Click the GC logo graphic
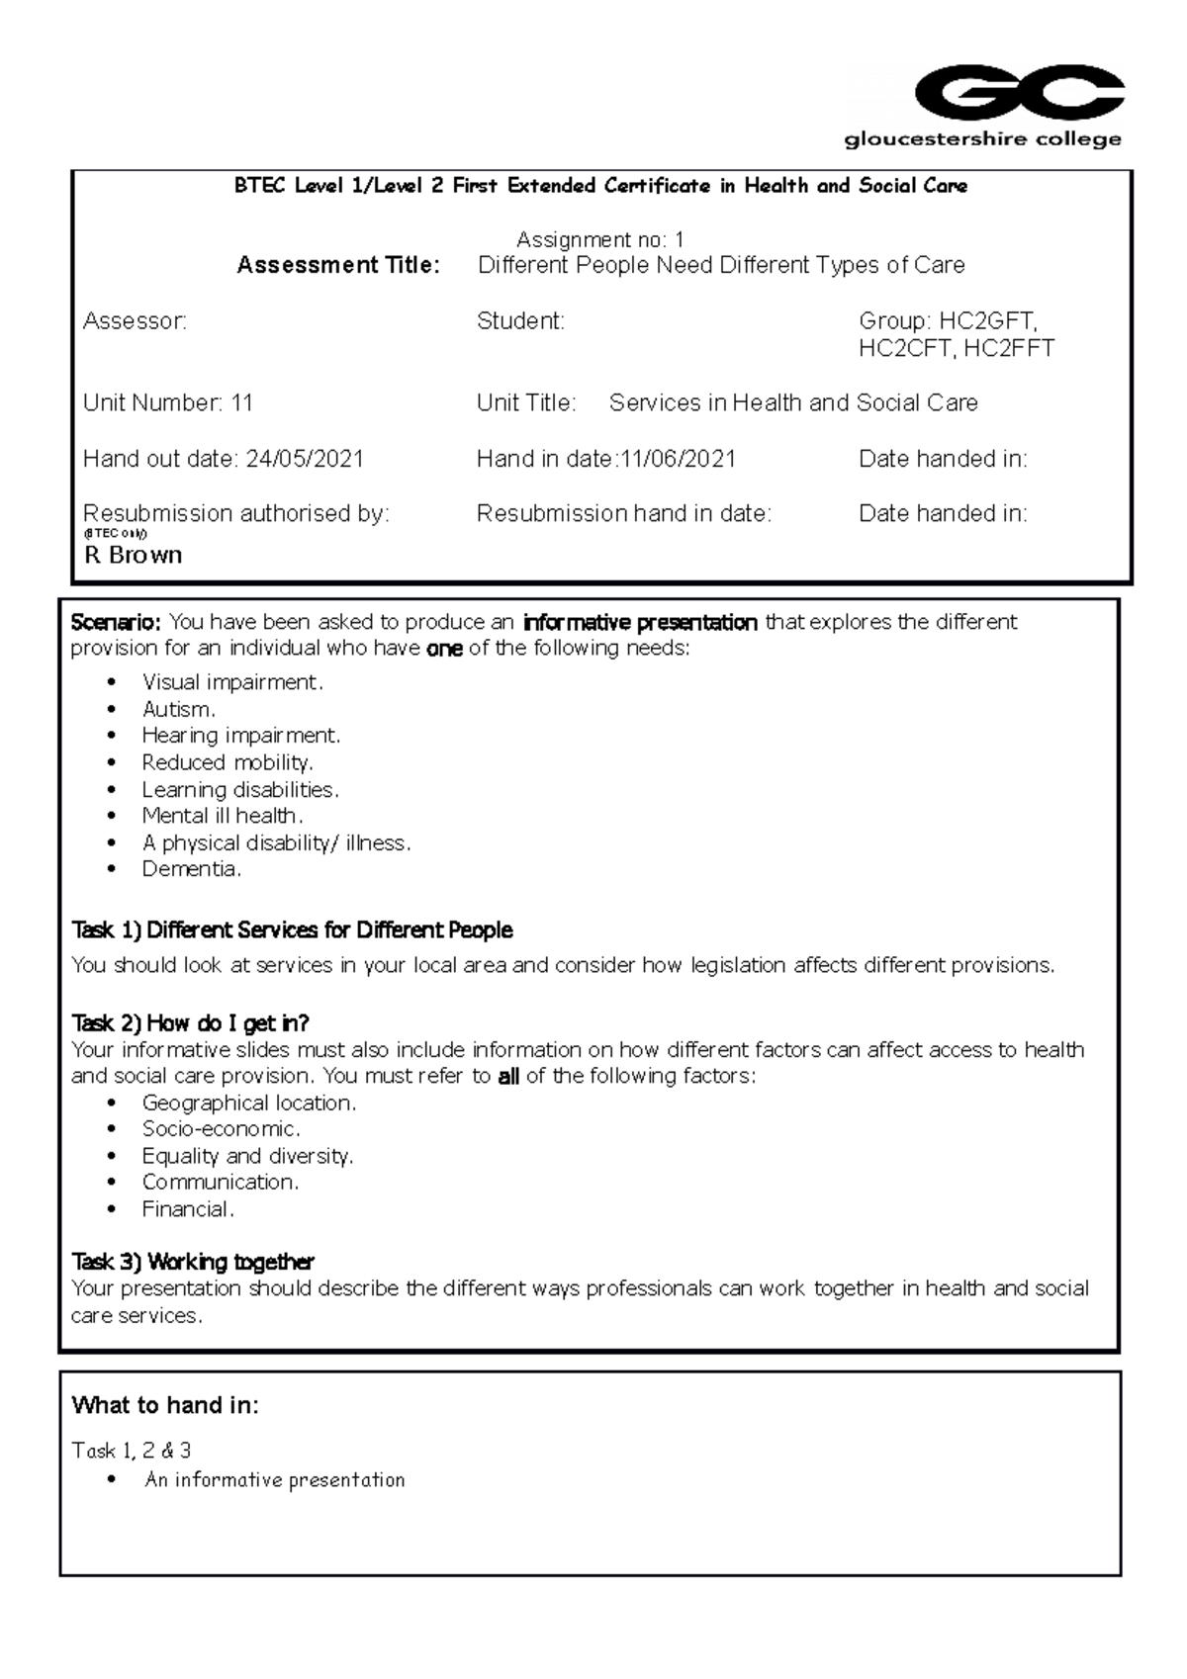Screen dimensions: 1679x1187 point(1019,95)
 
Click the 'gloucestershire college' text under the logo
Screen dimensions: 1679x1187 point(982,139)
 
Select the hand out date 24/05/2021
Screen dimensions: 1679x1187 point(305,459)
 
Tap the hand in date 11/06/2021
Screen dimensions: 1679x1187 point(678,459)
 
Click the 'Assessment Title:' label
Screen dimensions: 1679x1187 point(338,265)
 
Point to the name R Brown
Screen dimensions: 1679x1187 point(134,555)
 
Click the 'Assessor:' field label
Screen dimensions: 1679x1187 point(135,320)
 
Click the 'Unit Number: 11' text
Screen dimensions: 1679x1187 point(168,402)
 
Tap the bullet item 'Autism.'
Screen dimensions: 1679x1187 point(178,709)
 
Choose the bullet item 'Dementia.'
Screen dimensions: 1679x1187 point(191,869)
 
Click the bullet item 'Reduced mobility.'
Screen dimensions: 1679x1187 point(227,762)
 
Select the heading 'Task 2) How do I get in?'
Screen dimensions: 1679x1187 point(190,1022)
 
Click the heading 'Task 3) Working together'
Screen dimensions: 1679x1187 point(193,1262)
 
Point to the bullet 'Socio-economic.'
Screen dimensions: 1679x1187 point(221,1129)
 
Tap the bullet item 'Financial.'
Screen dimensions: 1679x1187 point(187,1209)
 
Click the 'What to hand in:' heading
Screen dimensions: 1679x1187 point(165,1405)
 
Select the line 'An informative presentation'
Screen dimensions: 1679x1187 point(275,1480)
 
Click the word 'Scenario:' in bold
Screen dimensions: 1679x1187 point(115,622)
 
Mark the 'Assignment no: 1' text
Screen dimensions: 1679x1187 point(599,239)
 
